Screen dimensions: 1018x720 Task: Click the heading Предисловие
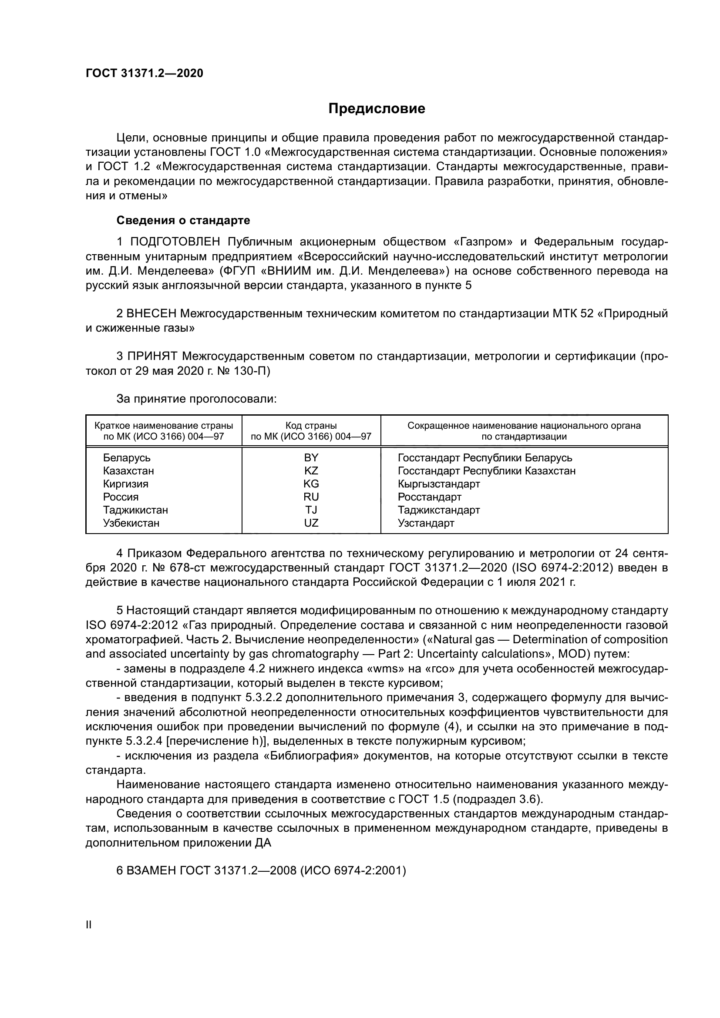coord(377,109)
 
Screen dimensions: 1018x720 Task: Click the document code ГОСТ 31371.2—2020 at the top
coord(144,73)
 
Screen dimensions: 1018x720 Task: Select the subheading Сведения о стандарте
coord(183,220)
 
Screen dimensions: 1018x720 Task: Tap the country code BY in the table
coord(311,457)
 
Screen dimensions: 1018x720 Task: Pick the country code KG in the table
coord(311,484)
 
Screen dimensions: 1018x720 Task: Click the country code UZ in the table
coord(311,523)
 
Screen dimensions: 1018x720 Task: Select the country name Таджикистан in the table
coord(135,510)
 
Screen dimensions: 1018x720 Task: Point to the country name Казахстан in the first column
coord(128,470)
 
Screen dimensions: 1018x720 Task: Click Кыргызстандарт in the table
coord(438,484)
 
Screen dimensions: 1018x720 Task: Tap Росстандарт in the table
coord(429,497)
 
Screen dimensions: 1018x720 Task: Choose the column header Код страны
coord(311,426)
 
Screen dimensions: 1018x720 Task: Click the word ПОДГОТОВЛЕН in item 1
coord(175,242)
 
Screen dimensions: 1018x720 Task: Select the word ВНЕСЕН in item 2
coord(151,314)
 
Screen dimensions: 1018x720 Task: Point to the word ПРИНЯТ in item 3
coord(152,356)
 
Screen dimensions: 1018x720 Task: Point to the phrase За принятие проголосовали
coord(196,399)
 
